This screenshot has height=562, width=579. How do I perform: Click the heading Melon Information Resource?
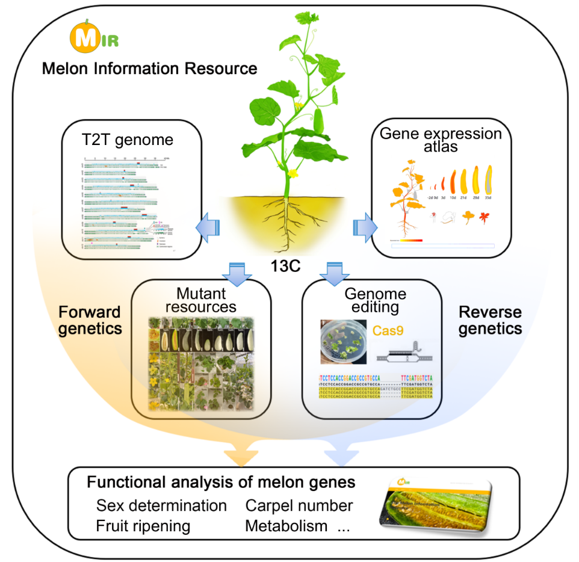pos(149,69)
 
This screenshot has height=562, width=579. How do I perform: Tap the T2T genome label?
pos(126,140)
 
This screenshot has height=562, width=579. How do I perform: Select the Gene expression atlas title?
pos(441,140)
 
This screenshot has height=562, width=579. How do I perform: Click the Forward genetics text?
pos(90,320)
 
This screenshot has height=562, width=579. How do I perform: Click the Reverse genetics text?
pos(489,320)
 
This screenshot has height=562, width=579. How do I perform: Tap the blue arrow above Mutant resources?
pos(237,269)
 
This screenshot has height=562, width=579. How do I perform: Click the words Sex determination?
pos(161,505)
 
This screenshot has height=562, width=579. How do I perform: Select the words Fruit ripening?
pos(143,526)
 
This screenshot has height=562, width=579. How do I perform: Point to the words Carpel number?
pos(299,505)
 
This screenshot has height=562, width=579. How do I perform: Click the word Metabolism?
pos(286,526)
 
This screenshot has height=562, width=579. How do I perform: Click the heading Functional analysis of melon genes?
pos(221,483)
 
